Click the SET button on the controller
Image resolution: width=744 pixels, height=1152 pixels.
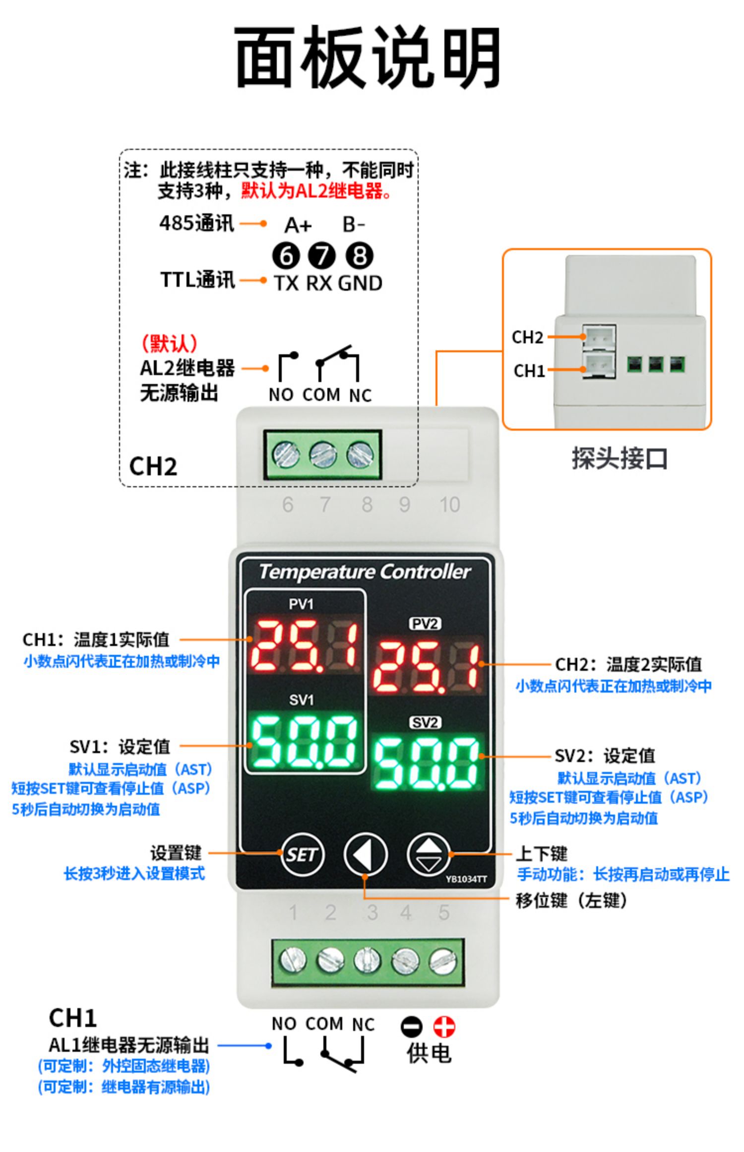coord(302,854)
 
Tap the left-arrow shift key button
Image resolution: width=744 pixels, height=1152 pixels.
coord(365,854)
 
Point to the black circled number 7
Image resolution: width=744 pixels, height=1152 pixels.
coord(322,256)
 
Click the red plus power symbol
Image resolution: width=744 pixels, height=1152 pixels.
coord(444,1026)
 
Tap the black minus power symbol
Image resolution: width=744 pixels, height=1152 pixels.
coord(411,1026)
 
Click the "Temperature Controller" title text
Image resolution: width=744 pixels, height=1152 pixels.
coord(365,572)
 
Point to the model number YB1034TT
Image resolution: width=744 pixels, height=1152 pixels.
coord(466,880)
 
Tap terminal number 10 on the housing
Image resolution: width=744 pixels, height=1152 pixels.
coord(450,505)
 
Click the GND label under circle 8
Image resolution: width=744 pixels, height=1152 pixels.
coord(360,283)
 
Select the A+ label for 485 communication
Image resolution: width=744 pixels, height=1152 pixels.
coord(298,226)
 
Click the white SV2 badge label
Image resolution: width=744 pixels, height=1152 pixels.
coord(425,723)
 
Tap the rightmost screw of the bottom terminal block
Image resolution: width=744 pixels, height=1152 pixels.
coord(442,960)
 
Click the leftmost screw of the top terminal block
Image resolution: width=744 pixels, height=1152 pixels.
coord(286,454)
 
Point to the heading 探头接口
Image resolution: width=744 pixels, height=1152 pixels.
coord(620,458)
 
